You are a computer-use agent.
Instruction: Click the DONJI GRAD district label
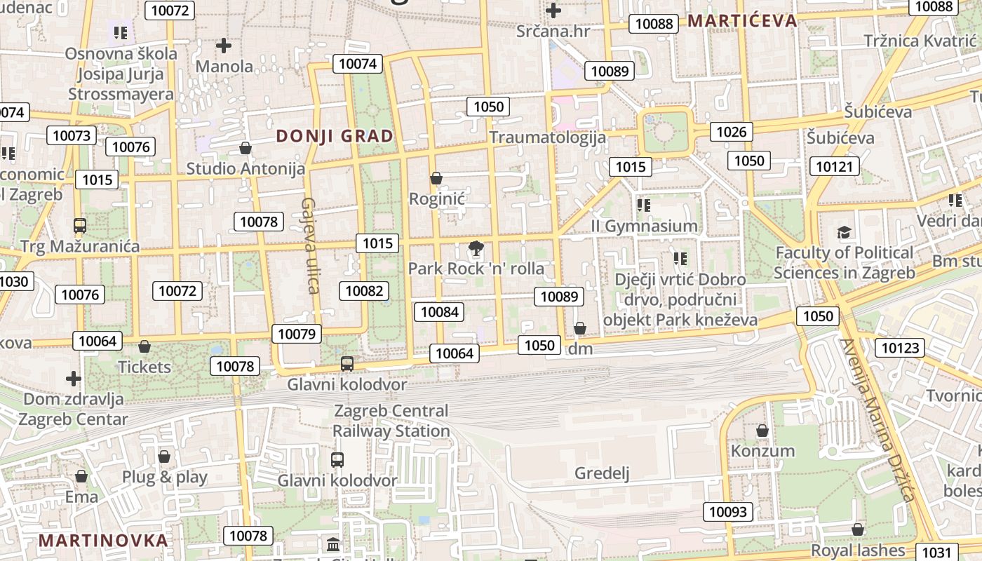pyautogui.click(x=335, y=136)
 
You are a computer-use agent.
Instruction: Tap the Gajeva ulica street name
pyautogui.click(x=310, y=245)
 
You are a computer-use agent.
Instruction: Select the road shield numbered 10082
pyautogui.click(x=364, y=291)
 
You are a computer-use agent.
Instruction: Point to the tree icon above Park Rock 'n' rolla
pyautogui.click(x=476, y=248)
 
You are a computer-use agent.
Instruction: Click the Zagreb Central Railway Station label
pyautogui.click(x=391, y=421)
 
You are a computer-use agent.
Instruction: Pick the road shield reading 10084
pyautogui.click(x=440, y=311)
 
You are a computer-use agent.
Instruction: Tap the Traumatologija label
pyautogui.click(x=547, y=137)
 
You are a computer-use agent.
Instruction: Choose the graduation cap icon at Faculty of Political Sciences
pyautogui.click(x=845, y=232)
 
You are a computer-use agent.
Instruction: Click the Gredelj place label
pyautogui.click(x=602, y=473)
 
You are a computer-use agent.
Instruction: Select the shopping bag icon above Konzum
pyautogui.click(x=762, y=430)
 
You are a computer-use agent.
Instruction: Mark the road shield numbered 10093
pyautogui.click(x=728, y=512)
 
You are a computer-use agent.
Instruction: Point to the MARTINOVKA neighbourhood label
pyautogui.click(x=103, y=541)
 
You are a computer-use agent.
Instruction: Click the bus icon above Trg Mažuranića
pyautogui.click(x=80, y=226)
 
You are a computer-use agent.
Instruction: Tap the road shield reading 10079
pyautogui.click(x=297, y=334)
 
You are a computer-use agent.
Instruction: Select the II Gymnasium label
pyautogui.click(x=644, y=226)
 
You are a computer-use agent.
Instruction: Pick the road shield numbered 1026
pyautogui.click(x=730, y=132)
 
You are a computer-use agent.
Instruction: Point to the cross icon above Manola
pyautogui.click(x=224, y=46)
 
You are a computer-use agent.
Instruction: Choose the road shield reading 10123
pyautogui.click(x=900, y=348)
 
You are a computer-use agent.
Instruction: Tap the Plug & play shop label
pyautogui.click(x=165, y=478)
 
